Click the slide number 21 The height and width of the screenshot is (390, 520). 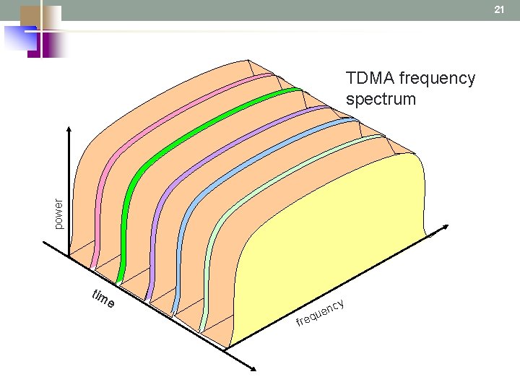tap(498, 9)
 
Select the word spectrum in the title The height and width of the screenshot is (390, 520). tap(381, 99)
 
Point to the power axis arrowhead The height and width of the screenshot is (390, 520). tap(69, 134)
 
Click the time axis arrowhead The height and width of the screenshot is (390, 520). tap(253, 368)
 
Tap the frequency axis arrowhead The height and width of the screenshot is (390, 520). tap(432, 233)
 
